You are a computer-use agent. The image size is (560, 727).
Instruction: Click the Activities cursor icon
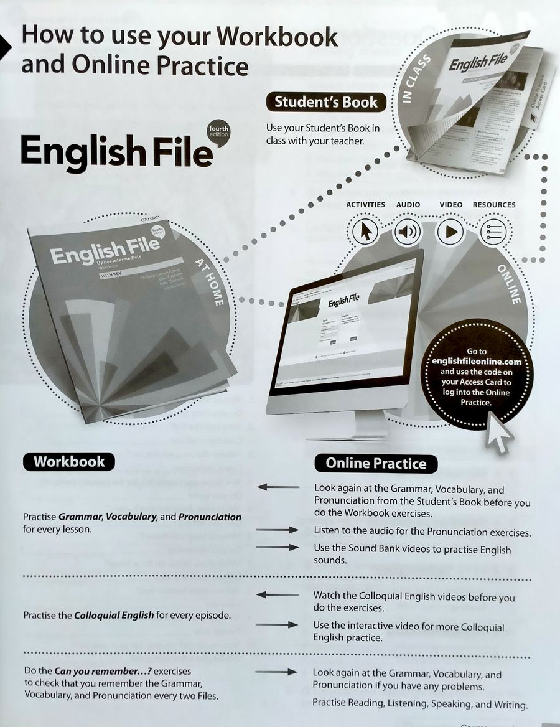pyautogui.click(x=365, y=232)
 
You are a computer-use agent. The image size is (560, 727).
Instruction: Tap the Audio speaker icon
pyautogui.click(x=409, y=232)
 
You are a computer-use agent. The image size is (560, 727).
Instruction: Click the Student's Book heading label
pyautogui.click(x=325, y=102)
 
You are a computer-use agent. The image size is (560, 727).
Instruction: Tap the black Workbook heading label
pyautogui.click(x=69, y=461)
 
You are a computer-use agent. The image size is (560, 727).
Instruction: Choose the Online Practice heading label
pyautogui.click(x=376, y=463)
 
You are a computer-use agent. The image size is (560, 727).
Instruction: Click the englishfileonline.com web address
pyautogui.click(x=476, y=362)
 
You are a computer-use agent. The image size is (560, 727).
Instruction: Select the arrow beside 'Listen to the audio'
pyautogui.click(x=278, y=530)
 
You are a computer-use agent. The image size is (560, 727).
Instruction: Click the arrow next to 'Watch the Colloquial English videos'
pyautogui.click(x=278, y=595)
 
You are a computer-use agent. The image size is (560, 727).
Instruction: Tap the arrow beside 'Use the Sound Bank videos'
pyautogui.click(x=278, y=547)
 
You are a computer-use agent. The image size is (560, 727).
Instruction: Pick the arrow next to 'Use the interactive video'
pyautogui.click(x=278, y=624)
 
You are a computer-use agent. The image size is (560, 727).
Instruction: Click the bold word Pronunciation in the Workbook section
pyautogui.click(x=210, y=517)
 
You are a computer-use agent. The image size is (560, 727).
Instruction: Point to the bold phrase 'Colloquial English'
pyautogui.click(x=114, y=616)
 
